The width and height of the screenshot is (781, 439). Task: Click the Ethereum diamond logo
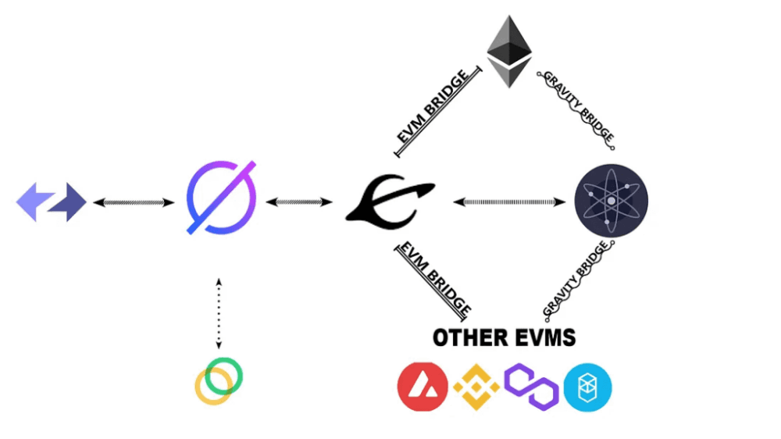(x=509, y=52)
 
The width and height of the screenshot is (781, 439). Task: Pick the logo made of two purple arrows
(x=52, y=202)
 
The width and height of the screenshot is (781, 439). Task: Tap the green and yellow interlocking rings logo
(x=219, y=381)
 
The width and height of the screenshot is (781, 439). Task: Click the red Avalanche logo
(x=423, y=387)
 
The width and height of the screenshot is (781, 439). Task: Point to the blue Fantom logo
(x=587, y=387)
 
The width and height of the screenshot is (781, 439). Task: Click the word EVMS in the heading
(x=544, y=337)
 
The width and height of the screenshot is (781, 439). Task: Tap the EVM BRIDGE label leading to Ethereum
(x=435, y=108)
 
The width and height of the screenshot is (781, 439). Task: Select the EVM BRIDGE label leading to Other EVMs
(x=434, y=278)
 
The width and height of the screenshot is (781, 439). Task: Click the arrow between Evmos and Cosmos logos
(x=509, y=202)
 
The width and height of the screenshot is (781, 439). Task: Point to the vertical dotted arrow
(x=219, y=312)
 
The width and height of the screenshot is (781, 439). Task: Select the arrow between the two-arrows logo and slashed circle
(x=134, y=202)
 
